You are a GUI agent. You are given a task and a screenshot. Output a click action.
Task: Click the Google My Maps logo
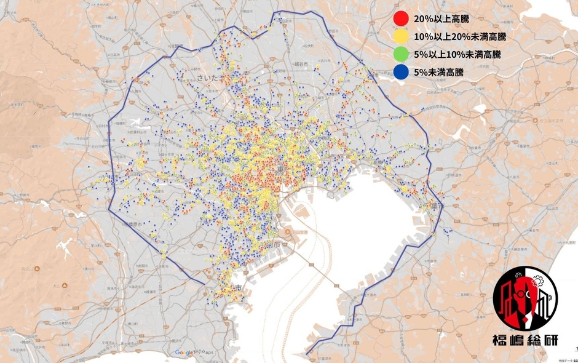pos(193,353)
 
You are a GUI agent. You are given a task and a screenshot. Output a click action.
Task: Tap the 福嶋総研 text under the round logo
pos(526,342)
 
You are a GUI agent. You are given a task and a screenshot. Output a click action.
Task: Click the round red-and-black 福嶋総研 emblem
pos(526,301)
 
